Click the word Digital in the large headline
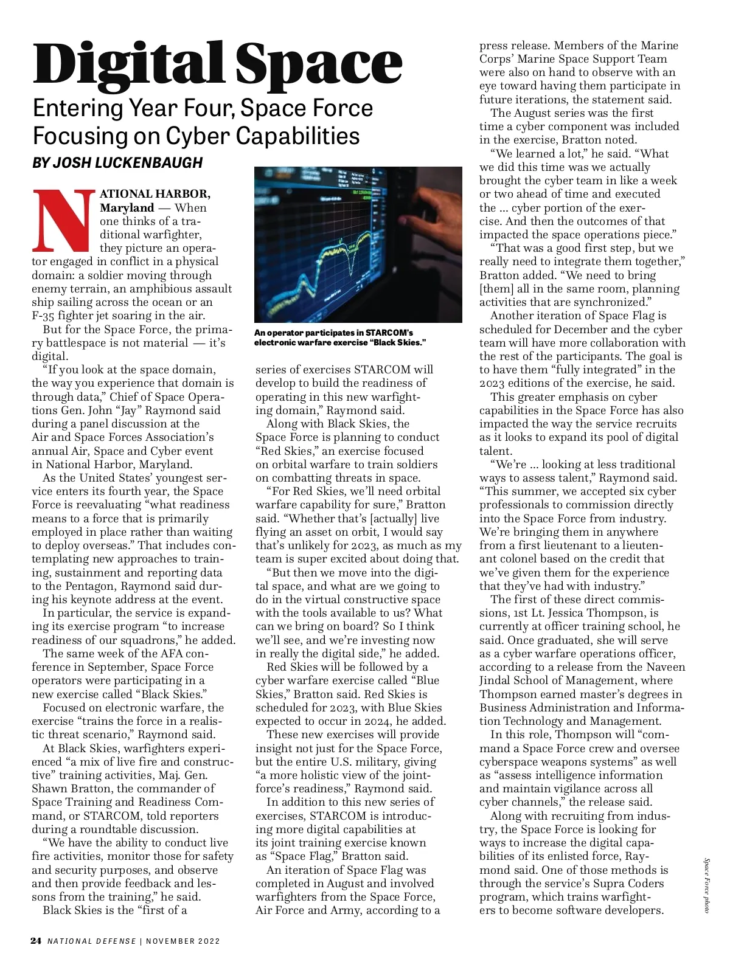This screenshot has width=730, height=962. click(x=131, y=64)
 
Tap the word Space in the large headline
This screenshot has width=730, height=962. click(x=319, y=64)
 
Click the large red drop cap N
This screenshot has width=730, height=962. click(x=64, y=221)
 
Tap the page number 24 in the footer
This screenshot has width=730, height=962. click(x=36, y=941)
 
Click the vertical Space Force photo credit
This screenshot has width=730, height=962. click(x=707, y=885)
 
